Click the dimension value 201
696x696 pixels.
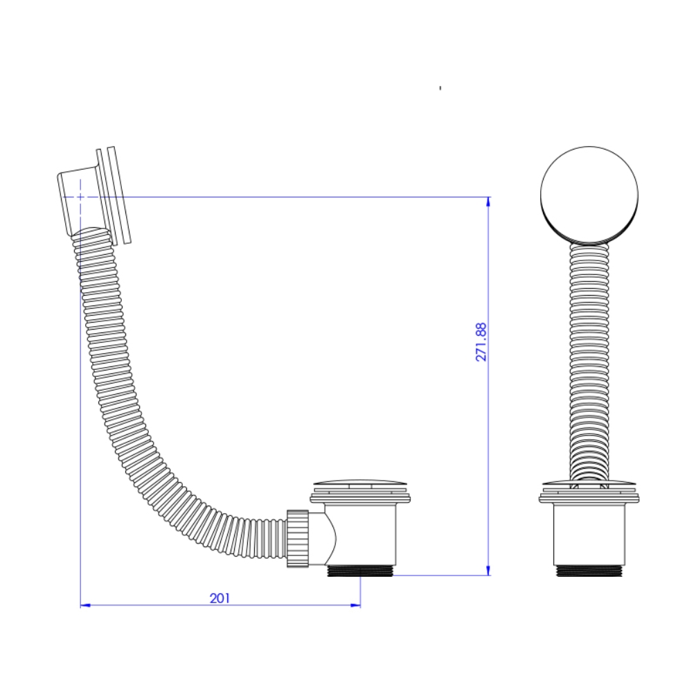coord(220,598)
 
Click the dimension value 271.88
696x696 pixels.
coord(481,342)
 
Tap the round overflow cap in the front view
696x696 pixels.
coord(589,196)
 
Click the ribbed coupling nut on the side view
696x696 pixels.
coord(298,538)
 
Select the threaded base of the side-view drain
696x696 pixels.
coord(359,571)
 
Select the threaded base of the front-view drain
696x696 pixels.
coord(589,571)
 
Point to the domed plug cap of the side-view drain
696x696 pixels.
coord(360,483)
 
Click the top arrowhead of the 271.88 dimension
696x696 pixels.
coord(488,202)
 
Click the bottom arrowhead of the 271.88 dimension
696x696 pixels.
coord(488,570)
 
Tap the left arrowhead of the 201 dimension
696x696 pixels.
coord(85,605)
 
